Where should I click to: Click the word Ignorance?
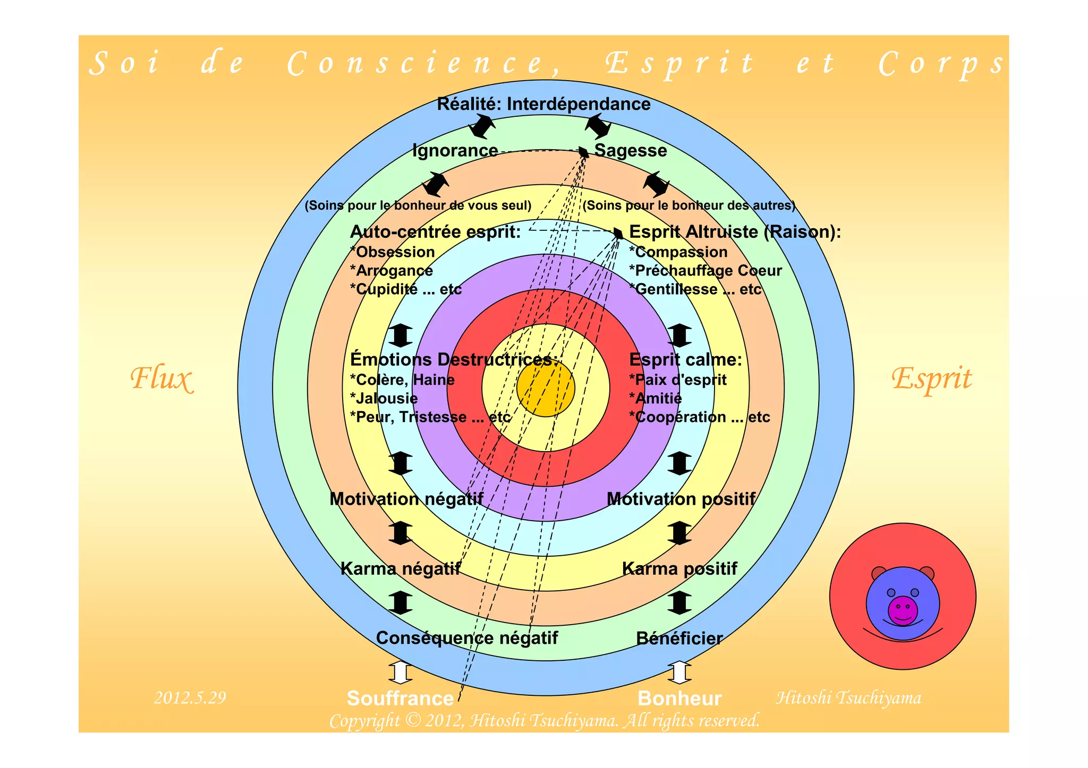455,151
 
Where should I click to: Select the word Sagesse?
630,151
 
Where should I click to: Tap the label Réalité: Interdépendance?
543,104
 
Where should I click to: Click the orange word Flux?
161,378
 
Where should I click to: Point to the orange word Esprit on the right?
931,378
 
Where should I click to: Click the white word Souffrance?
400,698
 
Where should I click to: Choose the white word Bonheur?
679,698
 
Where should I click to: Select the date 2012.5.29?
190,697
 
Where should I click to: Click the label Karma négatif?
400,569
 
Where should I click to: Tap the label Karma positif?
679,569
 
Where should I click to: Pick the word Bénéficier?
679,638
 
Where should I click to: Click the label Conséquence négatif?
467,638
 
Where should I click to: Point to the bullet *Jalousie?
384,399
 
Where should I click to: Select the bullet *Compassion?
678,252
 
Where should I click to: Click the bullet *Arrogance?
392,271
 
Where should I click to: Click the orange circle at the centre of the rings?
546,388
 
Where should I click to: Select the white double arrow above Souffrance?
400,672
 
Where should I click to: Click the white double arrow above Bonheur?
679,672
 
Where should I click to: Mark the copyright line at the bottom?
545,721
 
